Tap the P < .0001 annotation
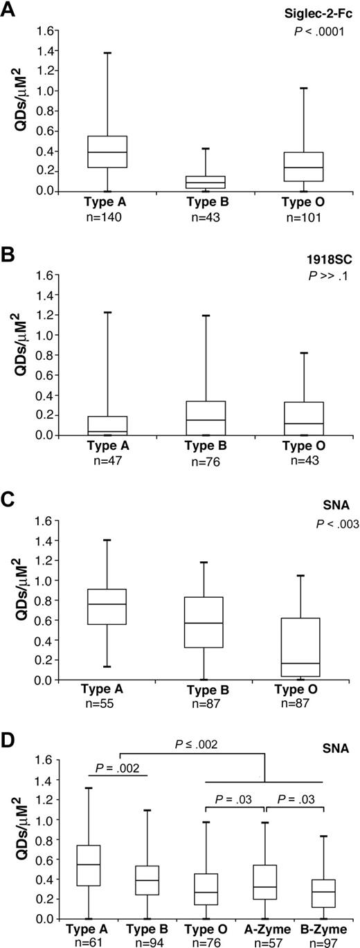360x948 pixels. coord(322,32)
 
